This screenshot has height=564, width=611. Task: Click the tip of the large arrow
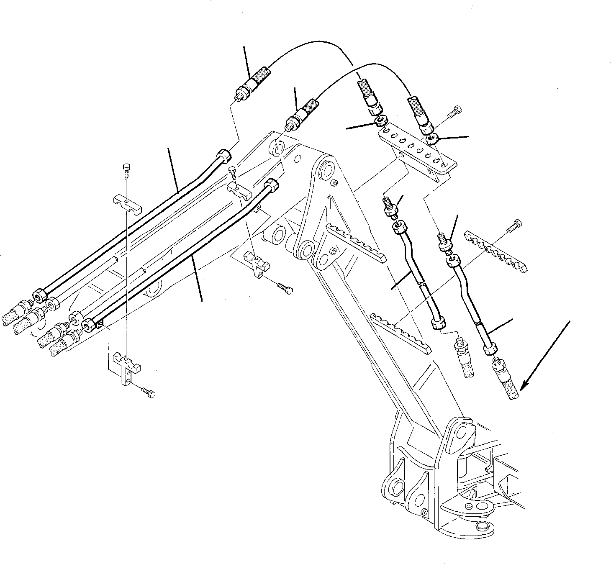[523, 388]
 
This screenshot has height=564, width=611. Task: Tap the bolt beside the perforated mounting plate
[453, 111]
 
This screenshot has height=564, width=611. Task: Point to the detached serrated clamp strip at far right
[496, 251]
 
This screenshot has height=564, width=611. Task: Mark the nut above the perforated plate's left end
[380, 121]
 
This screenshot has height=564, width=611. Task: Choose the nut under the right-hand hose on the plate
[433, 138]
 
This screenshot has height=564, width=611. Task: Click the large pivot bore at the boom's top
[326, 169]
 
